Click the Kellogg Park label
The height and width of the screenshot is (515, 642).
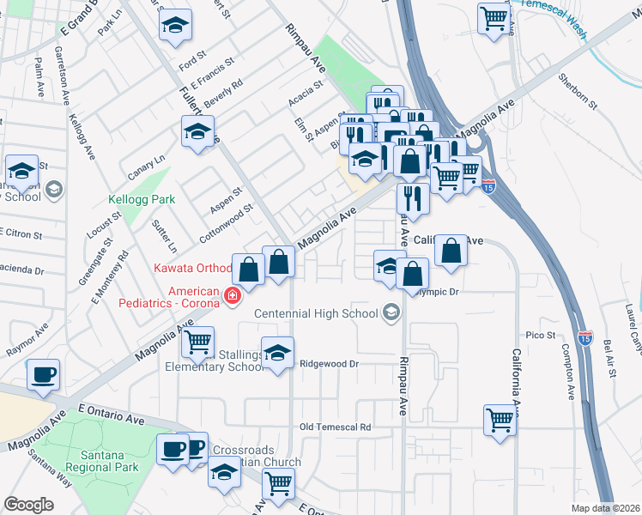click(142, 199)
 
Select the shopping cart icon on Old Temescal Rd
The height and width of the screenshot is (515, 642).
click(499, 420)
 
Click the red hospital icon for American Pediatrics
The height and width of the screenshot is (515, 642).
click(231, 297)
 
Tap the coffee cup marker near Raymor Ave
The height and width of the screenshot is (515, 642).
click(43, 374)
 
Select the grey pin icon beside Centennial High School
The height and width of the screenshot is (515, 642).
click(392, 313)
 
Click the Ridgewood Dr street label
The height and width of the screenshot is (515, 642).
click(327, 364)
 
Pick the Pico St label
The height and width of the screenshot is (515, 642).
click(542, 334)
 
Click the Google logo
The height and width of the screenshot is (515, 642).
click(28, 505)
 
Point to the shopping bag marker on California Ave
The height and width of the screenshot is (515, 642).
click(451, 251)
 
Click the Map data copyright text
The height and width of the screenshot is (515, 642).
click(604, 508)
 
